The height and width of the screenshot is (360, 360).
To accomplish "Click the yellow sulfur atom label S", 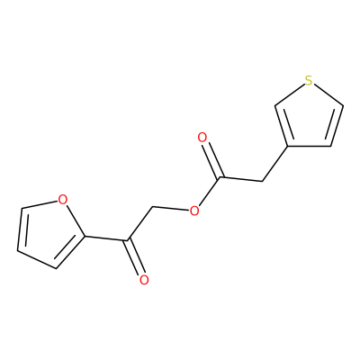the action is click(309, 80).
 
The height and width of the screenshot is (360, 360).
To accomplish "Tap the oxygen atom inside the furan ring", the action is click(62, 200).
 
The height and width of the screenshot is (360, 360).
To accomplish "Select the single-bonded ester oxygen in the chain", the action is click(194, 211).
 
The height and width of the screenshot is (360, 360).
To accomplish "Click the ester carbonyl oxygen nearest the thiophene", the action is click(202, 138).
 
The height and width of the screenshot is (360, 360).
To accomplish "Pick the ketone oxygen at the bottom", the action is click(144, 280).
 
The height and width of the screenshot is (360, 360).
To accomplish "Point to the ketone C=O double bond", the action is click(136, 257).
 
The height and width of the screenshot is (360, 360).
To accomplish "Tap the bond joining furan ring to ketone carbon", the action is click(106, 238).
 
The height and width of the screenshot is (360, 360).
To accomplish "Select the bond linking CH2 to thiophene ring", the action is click(275, 164).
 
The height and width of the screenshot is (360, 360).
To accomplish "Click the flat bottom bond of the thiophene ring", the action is click(310, 147).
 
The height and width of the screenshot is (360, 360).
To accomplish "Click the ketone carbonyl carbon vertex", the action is click(129, 240).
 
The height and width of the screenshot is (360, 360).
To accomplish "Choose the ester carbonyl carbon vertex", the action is click(220, 177).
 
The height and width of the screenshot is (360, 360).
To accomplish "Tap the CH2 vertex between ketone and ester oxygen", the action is click(153, 207).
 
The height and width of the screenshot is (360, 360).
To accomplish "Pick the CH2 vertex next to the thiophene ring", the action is click(262, 182).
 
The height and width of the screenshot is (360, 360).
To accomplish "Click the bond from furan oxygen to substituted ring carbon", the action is click(76, 220).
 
